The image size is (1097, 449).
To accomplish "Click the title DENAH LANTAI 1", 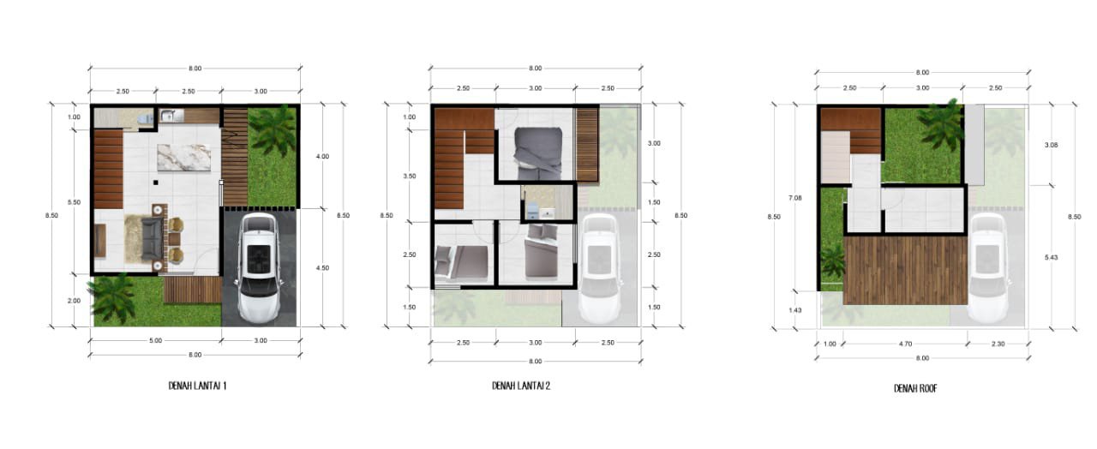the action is tap(197, 386).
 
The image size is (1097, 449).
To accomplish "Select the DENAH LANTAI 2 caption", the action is tap(521, 386).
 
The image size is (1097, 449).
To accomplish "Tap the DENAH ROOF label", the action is tap(915, 388).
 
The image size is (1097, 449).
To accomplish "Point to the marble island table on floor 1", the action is tap(183, 158).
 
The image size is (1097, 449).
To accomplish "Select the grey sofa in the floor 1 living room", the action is tap(153, 239).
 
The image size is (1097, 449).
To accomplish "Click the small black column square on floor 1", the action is tap(155, 183).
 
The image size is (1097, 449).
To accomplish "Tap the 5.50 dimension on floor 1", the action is tap(74, 202).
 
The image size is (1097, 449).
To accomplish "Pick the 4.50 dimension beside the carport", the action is tap(322, 268).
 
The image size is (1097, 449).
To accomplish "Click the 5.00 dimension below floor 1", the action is tap(155, 340).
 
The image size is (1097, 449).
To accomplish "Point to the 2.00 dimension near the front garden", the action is tap(74, 301).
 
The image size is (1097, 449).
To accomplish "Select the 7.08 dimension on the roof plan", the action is tap(794, 198).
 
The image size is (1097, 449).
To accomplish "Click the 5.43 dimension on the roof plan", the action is tap(1051, 257).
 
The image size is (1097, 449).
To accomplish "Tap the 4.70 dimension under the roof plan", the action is tap(906, 344).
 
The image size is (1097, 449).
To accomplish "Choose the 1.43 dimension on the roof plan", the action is tap(795, 310).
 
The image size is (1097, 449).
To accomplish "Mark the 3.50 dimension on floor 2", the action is tap(410, 176).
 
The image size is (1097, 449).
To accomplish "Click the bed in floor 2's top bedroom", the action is tap(537, 153).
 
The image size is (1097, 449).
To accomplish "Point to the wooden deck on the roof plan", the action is tap(906, 270).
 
